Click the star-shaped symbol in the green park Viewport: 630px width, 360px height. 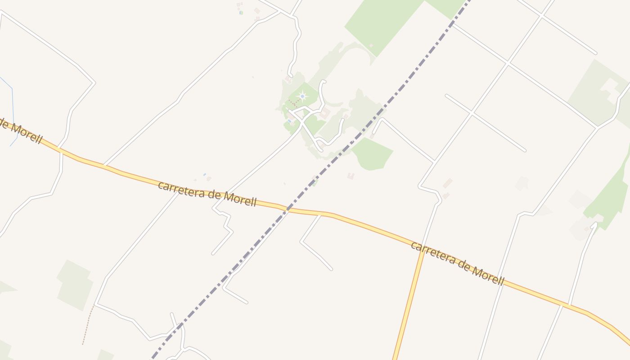coord(302,96)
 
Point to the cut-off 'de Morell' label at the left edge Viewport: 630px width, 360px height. coord(21,130)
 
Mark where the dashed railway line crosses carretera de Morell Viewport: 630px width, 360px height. coord(287,209)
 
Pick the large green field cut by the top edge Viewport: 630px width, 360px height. coord(382,22)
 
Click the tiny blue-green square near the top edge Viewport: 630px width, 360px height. coord(241,13)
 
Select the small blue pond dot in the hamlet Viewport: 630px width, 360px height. coord(289,121)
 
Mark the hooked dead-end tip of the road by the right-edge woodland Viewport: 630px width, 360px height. coord(594,224)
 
